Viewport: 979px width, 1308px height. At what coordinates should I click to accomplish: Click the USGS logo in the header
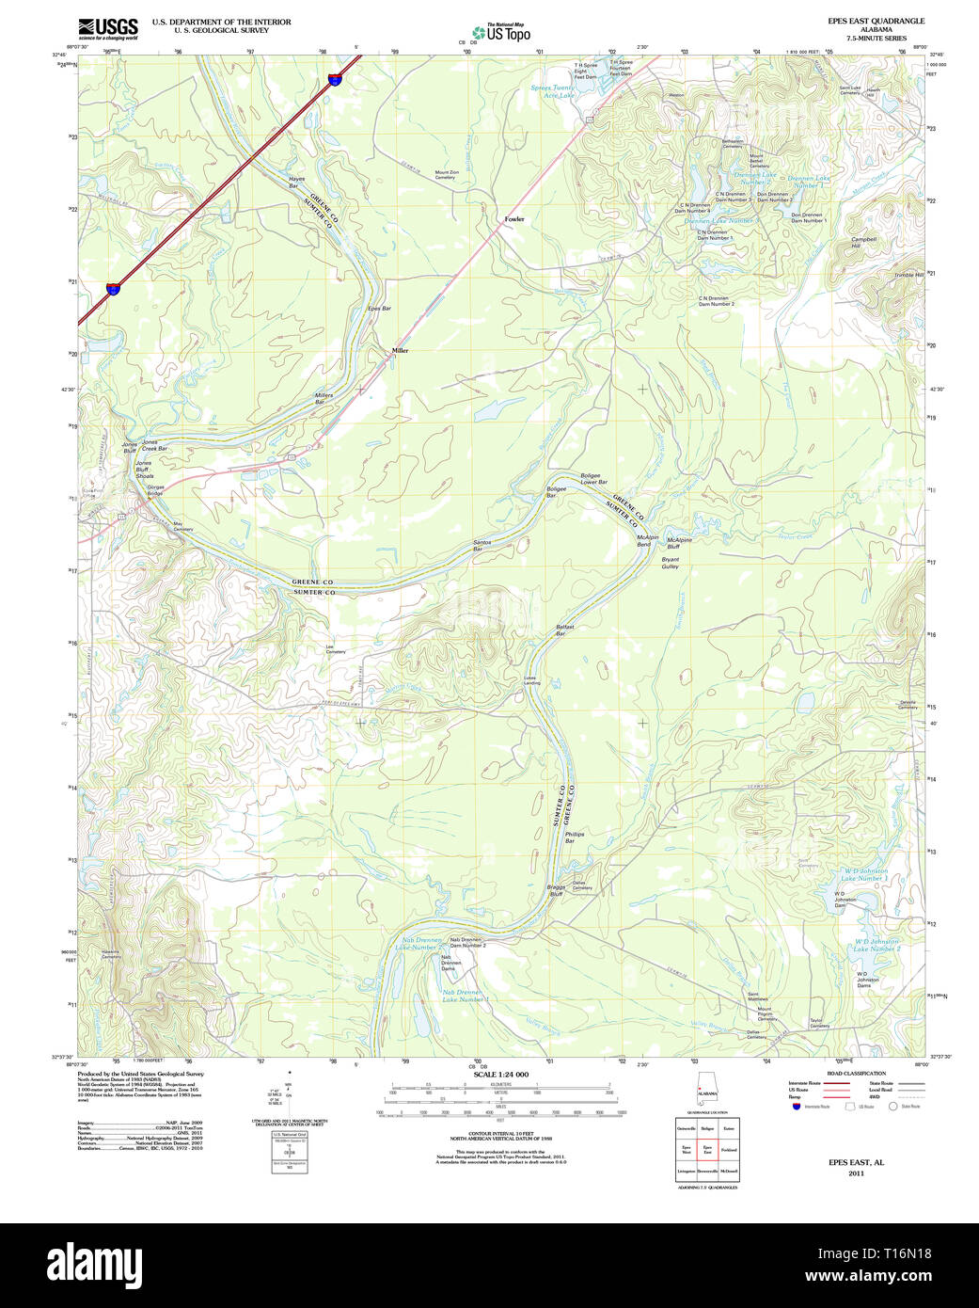(107, 27)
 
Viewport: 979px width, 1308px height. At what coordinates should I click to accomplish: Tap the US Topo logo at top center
(501, 33)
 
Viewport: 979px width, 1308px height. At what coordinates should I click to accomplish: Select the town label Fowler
(513, 219)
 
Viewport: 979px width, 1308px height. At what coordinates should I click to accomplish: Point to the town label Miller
(401, 350)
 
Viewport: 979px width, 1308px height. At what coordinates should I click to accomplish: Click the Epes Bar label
(379, 309)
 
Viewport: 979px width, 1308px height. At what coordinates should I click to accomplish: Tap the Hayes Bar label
(296, 183)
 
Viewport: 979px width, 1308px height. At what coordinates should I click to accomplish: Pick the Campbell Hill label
(862, 242)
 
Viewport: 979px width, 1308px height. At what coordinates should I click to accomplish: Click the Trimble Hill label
(908, 275)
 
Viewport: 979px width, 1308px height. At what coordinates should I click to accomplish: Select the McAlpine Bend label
(647, 541)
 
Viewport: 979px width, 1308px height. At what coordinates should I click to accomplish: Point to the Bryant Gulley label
(670, 563)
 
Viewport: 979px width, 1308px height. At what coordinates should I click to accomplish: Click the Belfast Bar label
(564, 630)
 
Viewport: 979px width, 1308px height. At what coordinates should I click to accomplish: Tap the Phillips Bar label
(574, 837)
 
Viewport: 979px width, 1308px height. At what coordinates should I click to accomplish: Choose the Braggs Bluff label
(556, 890)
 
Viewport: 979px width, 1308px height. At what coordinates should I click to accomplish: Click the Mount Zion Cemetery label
(447, 175)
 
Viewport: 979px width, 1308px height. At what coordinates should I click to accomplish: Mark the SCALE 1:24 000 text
(500, 1075)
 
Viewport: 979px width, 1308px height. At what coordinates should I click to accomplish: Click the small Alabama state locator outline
(706, 1094)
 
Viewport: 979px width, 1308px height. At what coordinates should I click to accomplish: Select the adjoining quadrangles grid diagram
(706, 1150)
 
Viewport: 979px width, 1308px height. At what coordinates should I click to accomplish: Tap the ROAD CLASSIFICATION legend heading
(856, 1074)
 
